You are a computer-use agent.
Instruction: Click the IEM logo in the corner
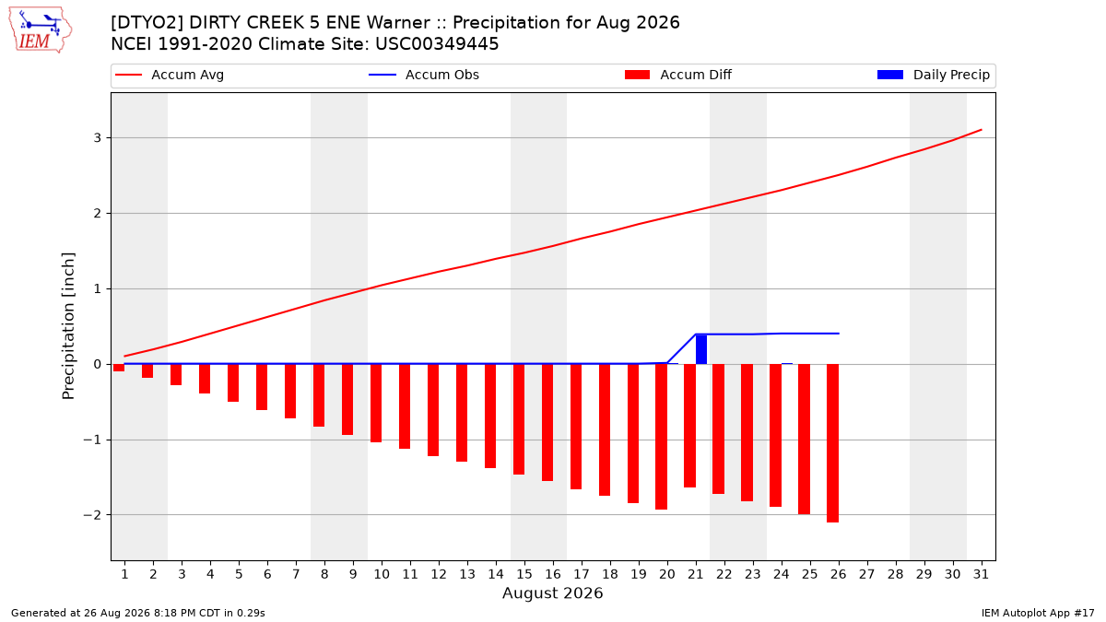click(x=41, y=30)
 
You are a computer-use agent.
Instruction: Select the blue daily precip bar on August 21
click(x=701, y=349)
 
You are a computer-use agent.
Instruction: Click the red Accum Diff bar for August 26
click(x=832, y=443)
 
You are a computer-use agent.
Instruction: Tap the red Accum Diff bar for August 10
click(x=376, y=404)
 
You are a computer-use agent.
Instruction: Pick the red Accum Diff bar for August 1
click(x=119, y=368)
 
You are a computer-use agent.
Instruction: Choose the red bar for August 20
click(x=662, y=437)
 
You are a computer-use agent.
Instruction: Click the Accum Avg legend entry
click(x=170, y=75)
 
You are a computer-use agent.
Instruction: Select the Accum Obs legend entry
click(x=424, y=75)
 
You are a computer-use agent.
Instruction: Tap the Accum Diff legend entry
click(x=678, y=75)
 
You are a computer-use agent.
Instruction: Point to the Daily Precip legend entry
click(x=933, y=75)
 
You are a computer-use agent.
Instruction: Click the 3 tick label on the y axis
click(x=98, y=137)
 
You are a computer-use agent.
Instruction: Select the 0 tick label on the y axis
click(x=98, y=364)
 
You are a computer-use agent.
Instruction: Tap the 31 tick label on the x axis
click(x=981, y=574)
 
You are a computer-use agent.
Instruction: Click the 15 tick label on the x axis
click(x=524, y=574)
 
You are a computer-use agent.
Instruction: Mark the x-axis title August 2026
click(x=552, y=593)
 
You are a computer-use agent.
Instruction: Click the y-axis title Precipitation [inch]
click(x=68, y=326)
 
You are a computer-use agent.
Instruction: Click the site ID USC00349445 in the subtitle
click(x=437, y=44)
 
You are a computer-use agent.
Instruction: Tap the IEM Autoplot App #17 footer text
click(x=1038, y=613)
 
